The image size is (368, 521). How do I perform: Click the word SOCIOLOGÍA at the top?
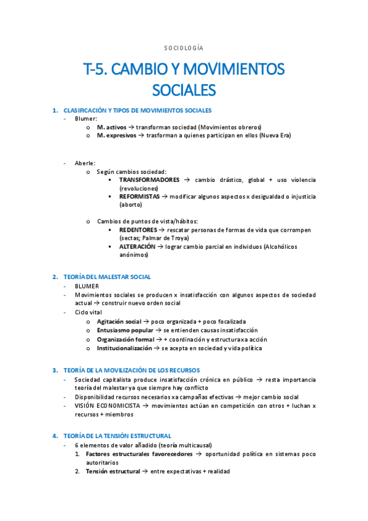[184, 47]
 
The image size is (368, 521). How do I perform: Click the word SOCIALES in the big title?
[184, 90]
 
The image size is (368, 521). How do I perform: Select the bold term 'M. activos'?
[112, 127]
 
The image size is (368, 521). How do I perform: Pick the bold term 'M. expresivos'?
[117, 135]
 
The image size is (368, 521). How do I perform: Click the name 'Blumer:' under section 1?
[86, 119]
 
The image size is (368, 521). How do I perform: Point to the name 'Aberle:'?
[85, 163]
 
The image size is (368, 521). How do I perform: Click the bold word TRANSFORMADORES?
[149, 180]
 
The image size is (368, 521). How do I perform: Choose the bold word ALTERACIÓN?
[137, 246]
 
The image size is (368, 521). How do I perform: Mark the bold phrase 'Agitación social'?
[119, 321]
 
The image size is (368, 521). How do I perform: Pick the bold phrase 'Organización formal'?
[125, 339]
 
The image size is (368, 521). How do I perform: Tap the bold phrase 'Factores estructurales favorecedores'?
[139, 453]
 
